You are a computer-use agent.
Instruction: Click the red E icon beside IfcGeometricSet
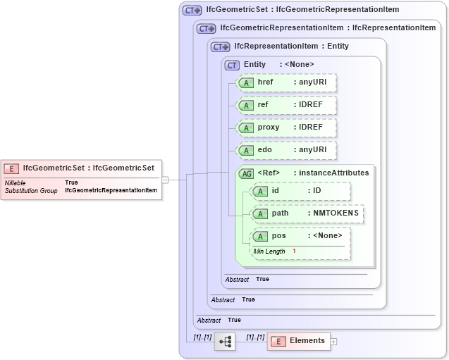click(11, 168)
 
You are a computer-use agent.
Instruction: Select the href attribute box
click(285, 83)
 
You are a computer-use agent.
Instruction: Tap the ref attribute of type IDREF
click(285, 105)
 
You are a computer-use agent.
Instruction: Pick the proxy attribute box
click(285, 128)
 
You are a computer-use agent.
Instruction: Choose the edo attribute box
click(285, 150)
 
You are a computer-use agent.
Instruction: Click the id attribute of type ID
click(300, 192)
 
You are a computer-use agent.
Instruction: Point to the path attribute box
click(307, 213)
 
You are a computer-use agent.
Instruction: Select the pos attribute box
click(300, 236)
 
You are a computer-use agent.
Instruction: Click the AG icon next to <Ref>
click(247, 173)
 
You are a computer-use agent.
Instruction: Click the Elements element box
click(299, 341)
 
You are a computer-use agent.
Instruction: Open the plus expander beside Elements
click(334, 342)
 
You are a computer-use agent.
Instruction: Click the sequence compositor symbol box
click(225, 341)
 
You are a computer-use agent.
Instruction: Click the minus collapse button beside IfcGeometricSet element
click(165, 180)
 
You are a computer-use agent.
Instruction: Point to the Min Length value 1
click(294, 252)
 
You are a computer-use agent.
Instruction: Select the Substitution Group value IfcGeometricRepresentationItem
click(111, 191)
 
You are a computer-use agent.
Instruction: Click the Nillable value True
click(71, 182)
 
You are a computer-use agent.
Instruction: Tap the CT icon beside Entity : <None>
click(232, 65)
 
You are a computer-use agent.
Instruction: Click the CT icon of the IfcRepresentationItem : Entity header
click(221, 46)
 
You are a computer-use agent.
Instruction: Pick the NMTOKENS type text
click(336, 213)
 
